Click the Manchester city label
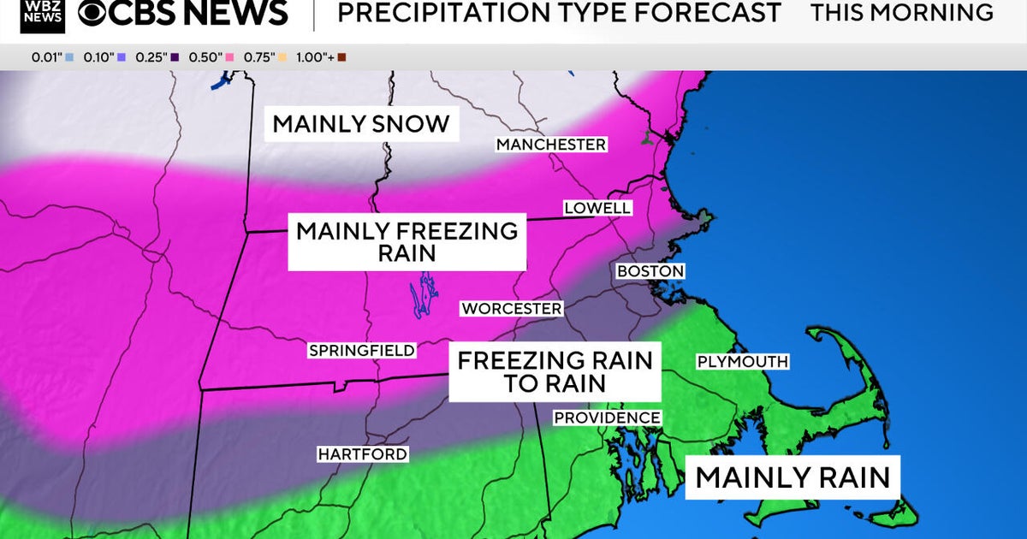point(551,145)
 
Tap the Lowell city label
point(597,208)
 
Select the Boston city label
point(650,271)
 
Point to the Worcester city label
point(512,308)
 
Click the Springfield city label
point(362,350)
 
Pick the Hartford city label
point(362,454)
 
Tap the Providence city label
point(607,418)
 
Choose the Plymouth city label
point(742,362)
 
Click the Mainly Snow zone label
point(361,123)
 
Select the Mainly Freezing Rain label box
point(407,242)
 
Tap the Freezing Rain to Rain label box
point(555,371)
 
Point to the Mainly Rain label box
point(793,477)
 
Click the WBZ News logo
point(43,15)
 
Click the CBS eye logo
point(96,13)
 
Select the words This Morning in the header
point(902,13)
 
